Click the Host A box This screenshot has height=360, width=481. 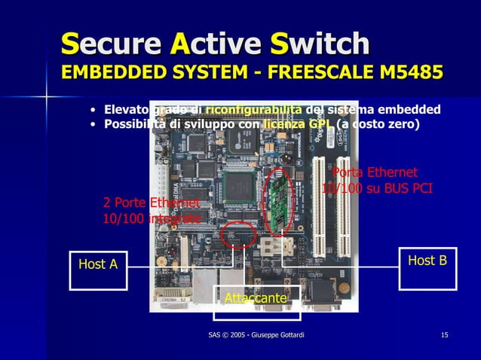pos(98,269)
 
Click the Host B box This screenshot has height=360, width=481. pos(427,266)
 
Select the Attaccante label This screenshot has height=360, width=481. pos(256,299)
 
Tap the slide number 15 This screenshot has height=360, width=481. pos(445,334)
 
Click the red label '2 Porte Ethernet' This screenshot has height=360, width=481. pos(151,203)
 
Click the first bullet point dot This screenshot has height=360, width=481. pos(92,111)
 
